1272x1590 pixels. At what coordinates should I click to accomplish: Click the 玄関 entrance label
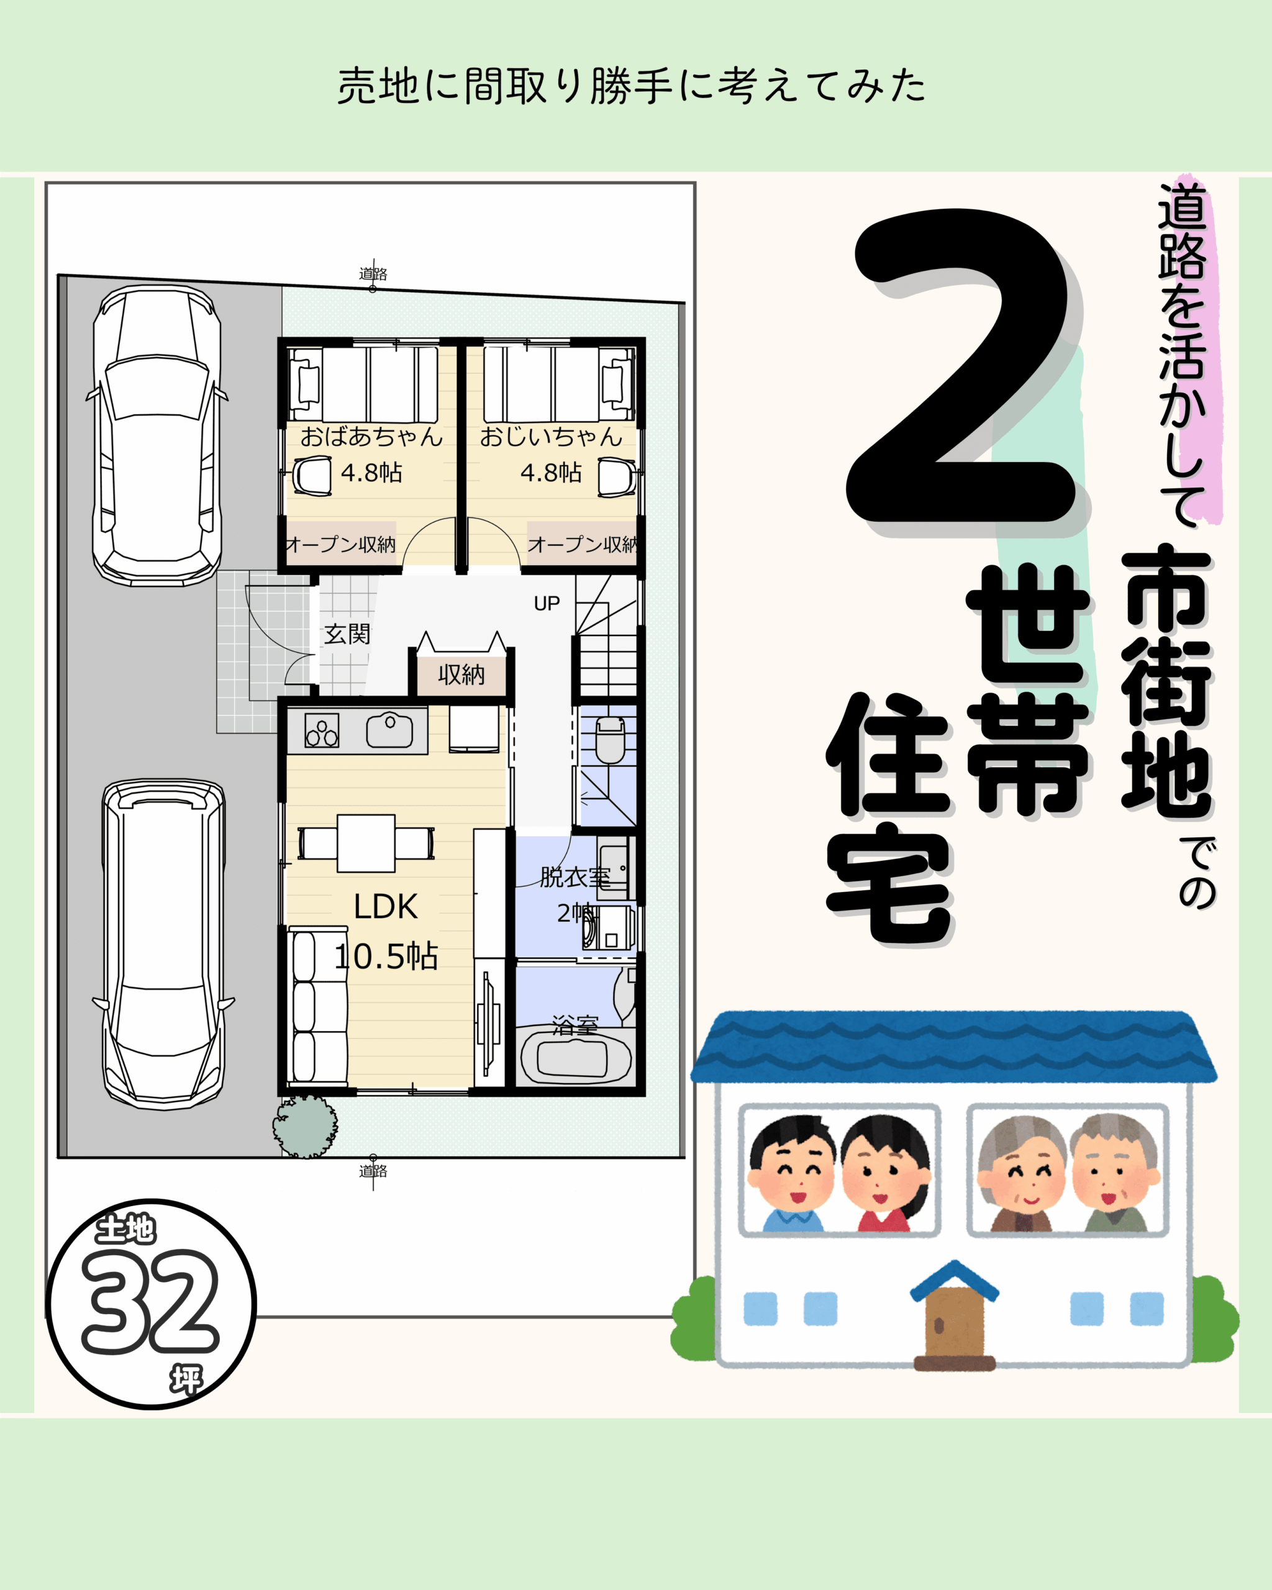(x=347, y=634)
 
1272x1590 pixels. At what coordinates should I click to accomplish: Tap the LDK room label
(x=386, y=907)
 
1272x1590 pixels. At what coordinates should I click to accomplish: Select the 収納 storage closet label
(x=461, y=674)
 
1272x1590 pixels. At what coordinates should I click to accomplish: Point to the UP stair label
(x=547, y=603)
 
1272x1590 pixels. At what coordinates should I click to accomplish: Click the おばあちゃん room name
(x=371, y=437)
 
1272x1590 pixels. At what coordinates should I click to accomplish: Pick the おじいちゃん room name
(x=551, y=437)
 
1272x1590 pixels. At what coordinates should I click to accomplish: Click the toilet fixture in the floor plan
(x=610, y=740)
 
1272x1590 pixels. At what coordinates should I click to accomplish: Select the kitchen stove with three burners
(x=322, y=730)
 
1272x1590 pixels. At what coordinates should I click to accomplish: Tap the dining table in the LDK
(x=366, y=843)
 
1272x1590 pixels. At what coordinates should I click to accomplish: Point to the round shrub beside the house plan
(x=306, y=1126)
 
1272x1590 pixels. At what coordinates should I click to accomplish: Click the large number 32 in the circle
(x=150, y=1302)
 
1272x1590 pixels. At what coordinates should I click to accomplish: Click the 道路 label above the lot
(x=373, y=274)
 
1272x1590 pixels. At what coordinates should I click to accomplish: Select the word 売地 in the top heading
(x=378, y=86)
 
